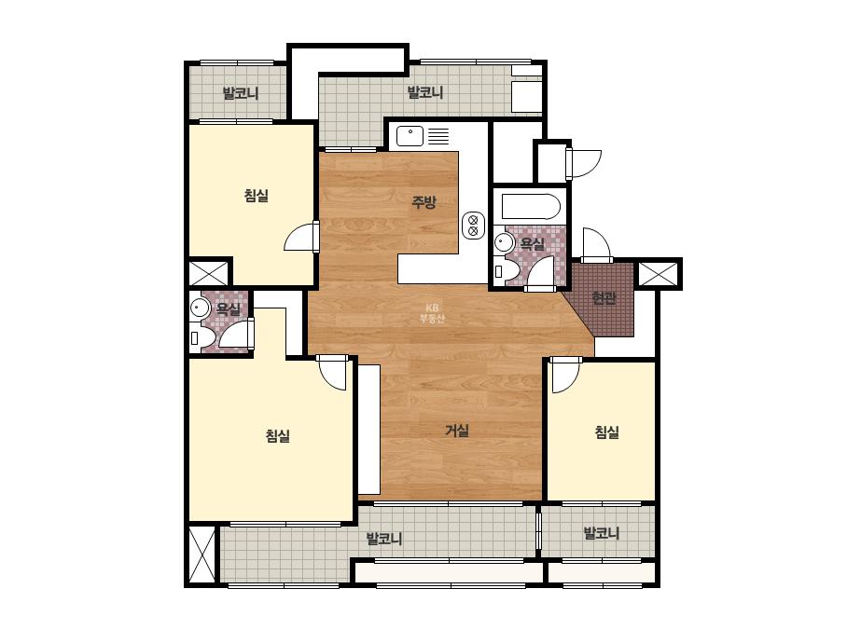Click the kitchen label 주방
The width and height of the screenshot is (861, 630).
coord(424,202)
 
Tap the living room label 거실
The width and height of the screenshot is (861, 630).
coord(457,431)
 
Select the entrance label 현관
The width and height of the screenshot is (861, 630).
coord(604,298)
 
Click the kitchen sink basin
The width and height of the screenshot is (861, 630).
coord(410,136)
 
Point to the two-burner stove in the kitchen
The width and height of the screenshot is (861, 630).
coord(473,226)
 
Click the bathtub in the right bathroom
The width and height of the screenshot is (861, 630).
coord(531,207)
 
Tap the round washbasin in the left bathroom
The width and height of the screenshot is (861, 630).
coord(200,308)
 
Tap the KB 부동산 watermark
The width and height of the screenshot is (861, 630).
coord(432,313)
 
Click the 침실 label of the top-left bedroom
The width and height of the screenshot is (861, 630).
coord(257,196)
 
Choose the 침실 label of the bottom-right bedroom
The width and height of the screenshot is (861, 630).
coord(606,432)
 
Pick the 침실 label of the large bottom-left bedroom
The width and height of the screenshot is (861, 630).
coord(278,436)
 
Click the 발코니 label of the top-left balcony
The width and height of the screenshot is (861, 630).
coord(241,93)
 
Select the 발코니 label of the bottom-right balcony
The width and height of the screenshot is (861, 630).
coord(602,533)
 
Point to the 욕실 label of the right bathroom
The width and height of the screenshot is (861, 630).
coord(532,243)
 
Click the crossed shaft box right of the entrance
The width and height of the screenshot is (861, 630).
coord(659,273)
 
